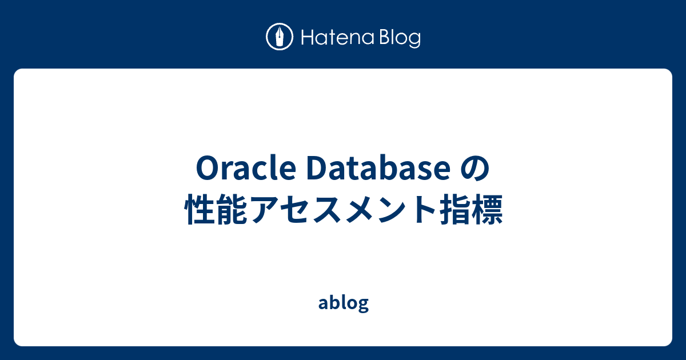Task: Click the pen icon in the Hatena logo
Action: point(280,38)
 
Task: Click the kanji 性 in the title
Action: point(201,210)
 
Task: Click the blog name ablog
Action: point(343,303)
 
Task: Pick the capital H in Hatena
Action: point(305,38)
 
